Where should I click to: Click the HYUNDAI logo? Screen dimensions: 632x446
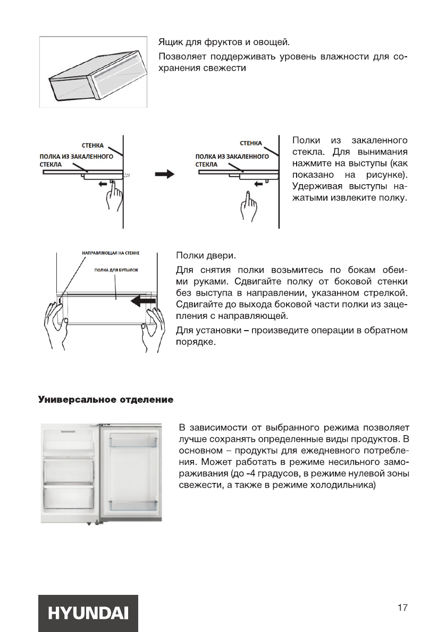tap(88, 613)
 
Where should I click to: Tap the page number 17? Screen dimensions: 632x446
tap(402, 607)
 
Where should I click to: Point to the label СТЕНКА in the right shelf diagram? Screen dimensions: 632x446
tap(250, 143)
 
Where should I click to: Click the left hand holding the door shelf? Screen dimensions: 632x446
tap(56, 327)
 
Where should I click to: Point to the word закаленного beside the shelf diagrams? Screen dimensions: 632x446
tap(380, 140)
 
